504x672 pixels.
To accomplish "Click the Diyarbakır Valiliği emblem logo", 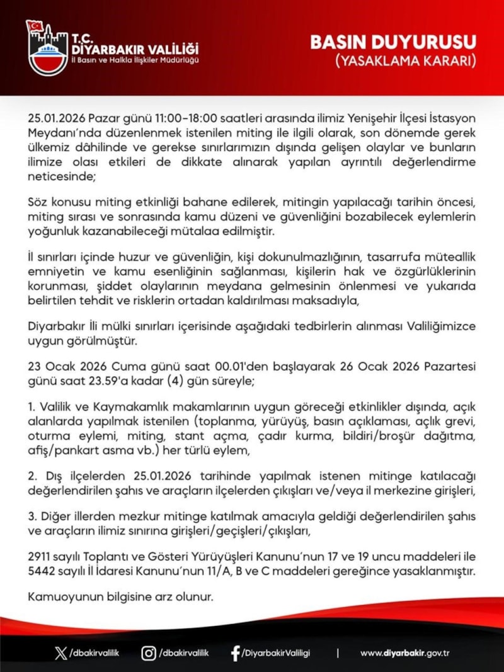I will point(47,47).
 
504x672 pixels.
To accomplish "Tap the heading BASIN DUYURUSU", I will point(392,43).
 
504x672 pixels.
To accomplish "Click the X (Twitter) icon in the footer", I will point(60,652).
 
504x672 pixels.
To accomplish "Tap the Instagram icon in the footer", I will point(149,652).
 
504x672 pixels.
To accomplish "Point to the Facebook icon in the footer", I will point(235,653).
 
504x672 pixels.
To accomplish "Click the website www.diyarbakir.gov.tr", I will point(404,653).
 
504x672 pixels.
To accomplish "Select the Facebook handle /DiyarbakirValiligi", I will point(276,653).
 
